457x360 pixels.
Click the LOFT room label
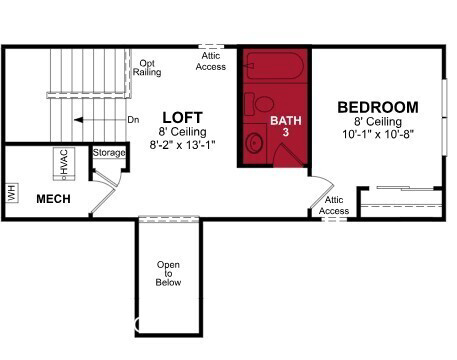tap(182, 118)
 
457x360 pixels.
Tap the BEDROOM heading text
tap(378, 107)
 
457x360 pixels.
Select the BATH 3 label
tap(286, 126)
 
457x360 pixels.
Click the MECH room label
tap(53, 199)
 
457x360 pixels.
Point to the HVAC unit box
tap(64, 164)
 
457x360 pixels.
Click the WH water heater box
tap(12, 193)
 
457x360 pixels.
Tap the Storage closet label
tap(109, 153)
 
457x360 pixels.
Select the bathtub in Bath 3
tap(275, 65)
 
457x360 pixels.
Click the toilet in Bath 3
tap(259, 104)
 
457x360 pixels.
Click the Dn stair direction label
tap(133, 120)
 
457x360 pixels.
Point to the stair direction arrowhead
tap(78, 120)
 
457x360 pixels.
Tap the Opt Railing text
tap(147, 68)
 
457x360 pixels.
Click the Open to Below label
tap(168, 273)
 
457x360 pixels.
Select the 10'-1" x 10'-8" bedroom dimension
tap(378, 134)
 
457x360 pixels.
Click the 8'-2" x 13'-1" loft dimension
tap(182, 145)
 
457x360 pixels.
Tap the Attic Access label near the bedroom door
tap(334, 205)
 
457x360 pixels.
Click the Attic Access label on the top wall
tap(211, 61)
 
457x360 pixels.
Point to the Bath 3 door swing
tap(289, 155)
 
